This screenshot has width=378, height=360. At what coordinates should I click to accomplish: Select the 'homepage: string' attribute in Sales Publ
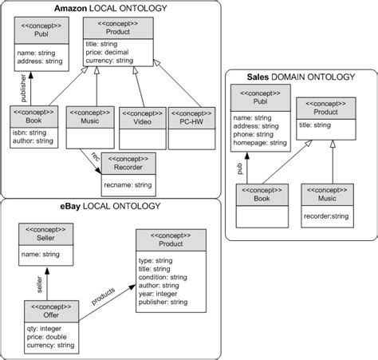pos(259,144)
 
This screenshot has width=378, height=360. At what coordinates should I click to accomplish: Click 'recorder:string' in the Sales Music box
pos(327,216)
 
